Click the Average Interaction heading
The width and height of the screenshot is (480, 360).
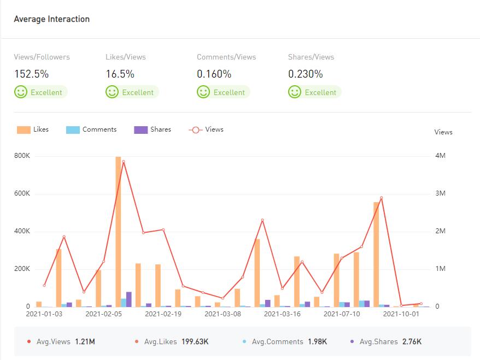point(51,19)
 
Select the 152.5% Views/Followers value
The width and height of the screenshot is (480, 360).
point(31,74)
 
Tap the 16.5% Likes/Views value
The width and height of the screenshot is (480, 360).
point(120,74)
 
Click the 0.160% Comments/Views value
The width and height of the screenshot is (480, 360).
point(214,74)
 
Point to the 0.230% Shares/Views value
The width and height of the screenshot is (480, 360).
point(305,74)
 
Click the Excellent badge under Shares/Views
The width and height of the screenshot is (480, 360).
point(314,92)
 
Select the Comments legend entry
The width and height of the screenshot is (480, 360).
point(91,129)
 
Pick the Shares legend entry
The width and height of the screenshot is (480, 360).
point(153,129)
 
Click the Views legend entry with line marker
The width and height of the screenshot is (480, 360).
point(206,129)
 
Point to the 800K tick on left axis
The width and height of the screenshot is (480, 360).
point(22,156)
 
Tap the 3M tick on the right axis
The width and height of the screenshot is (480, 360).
point(440,193)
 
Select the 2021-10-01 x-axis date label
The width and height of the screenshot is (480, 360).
point(401,314)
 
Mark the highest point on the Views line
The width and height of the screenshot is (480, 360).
point(124,161)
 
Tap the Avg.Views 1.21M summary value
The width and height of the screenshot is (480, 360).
point(85,342)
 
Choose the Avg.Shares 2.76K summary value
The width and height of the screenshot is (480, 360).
point(412,342)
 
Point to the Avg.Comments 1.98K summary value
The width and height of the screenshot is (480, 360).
point(317,342)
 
